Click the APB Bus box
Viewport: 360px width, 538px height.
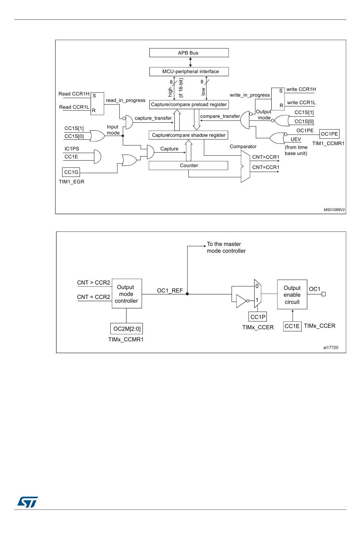189,53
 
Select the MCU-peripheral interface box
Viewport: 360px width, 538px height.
189,72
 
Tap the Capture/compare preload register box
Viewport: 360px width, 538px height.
189,105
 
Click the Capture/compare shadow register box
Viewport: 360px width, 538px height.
189,135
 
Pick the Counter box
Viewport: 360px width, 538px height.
189,166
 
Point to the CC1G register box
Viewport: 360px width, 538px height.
71,172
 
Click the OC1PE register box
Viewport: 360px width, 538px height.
329,134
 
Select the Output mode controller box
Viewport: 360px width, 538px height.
126,294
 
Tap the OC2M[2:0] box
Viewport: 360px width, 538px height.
127,329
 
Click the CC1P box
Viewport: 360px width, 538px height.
258,317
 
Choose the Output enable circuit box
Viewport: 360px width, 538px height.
292,295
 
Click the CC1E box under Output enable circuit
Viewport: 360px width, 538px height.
292,326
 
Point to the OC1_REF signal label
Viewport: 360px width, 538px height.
170,291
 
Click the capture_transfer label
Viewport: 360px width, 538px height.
153,118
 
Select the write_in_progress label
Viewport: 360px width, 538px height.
250,95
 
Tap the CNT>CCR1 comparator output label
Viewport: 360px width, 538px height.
266,157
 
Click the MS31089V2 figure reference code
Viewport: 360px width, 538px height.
334,210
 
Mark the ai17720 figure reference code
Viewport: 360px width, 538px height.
330,347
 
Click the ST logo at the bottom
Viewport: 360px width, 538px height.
28,502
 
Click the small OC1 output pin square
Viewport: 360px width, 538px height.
324,294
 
